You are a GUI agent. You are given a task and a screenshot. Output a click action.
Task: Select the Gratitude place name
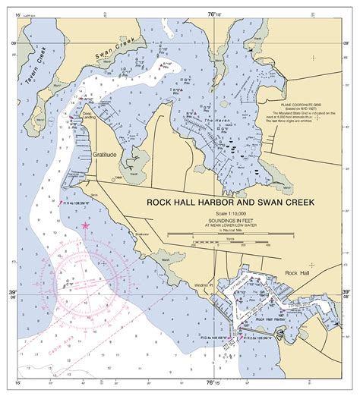point(106,154)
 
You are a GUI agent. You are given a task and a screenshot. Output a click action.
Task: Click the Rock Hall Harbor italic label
point(270,319)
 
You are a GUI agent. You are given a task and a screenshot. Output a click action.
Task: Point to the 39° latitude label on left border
point(11,292)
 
